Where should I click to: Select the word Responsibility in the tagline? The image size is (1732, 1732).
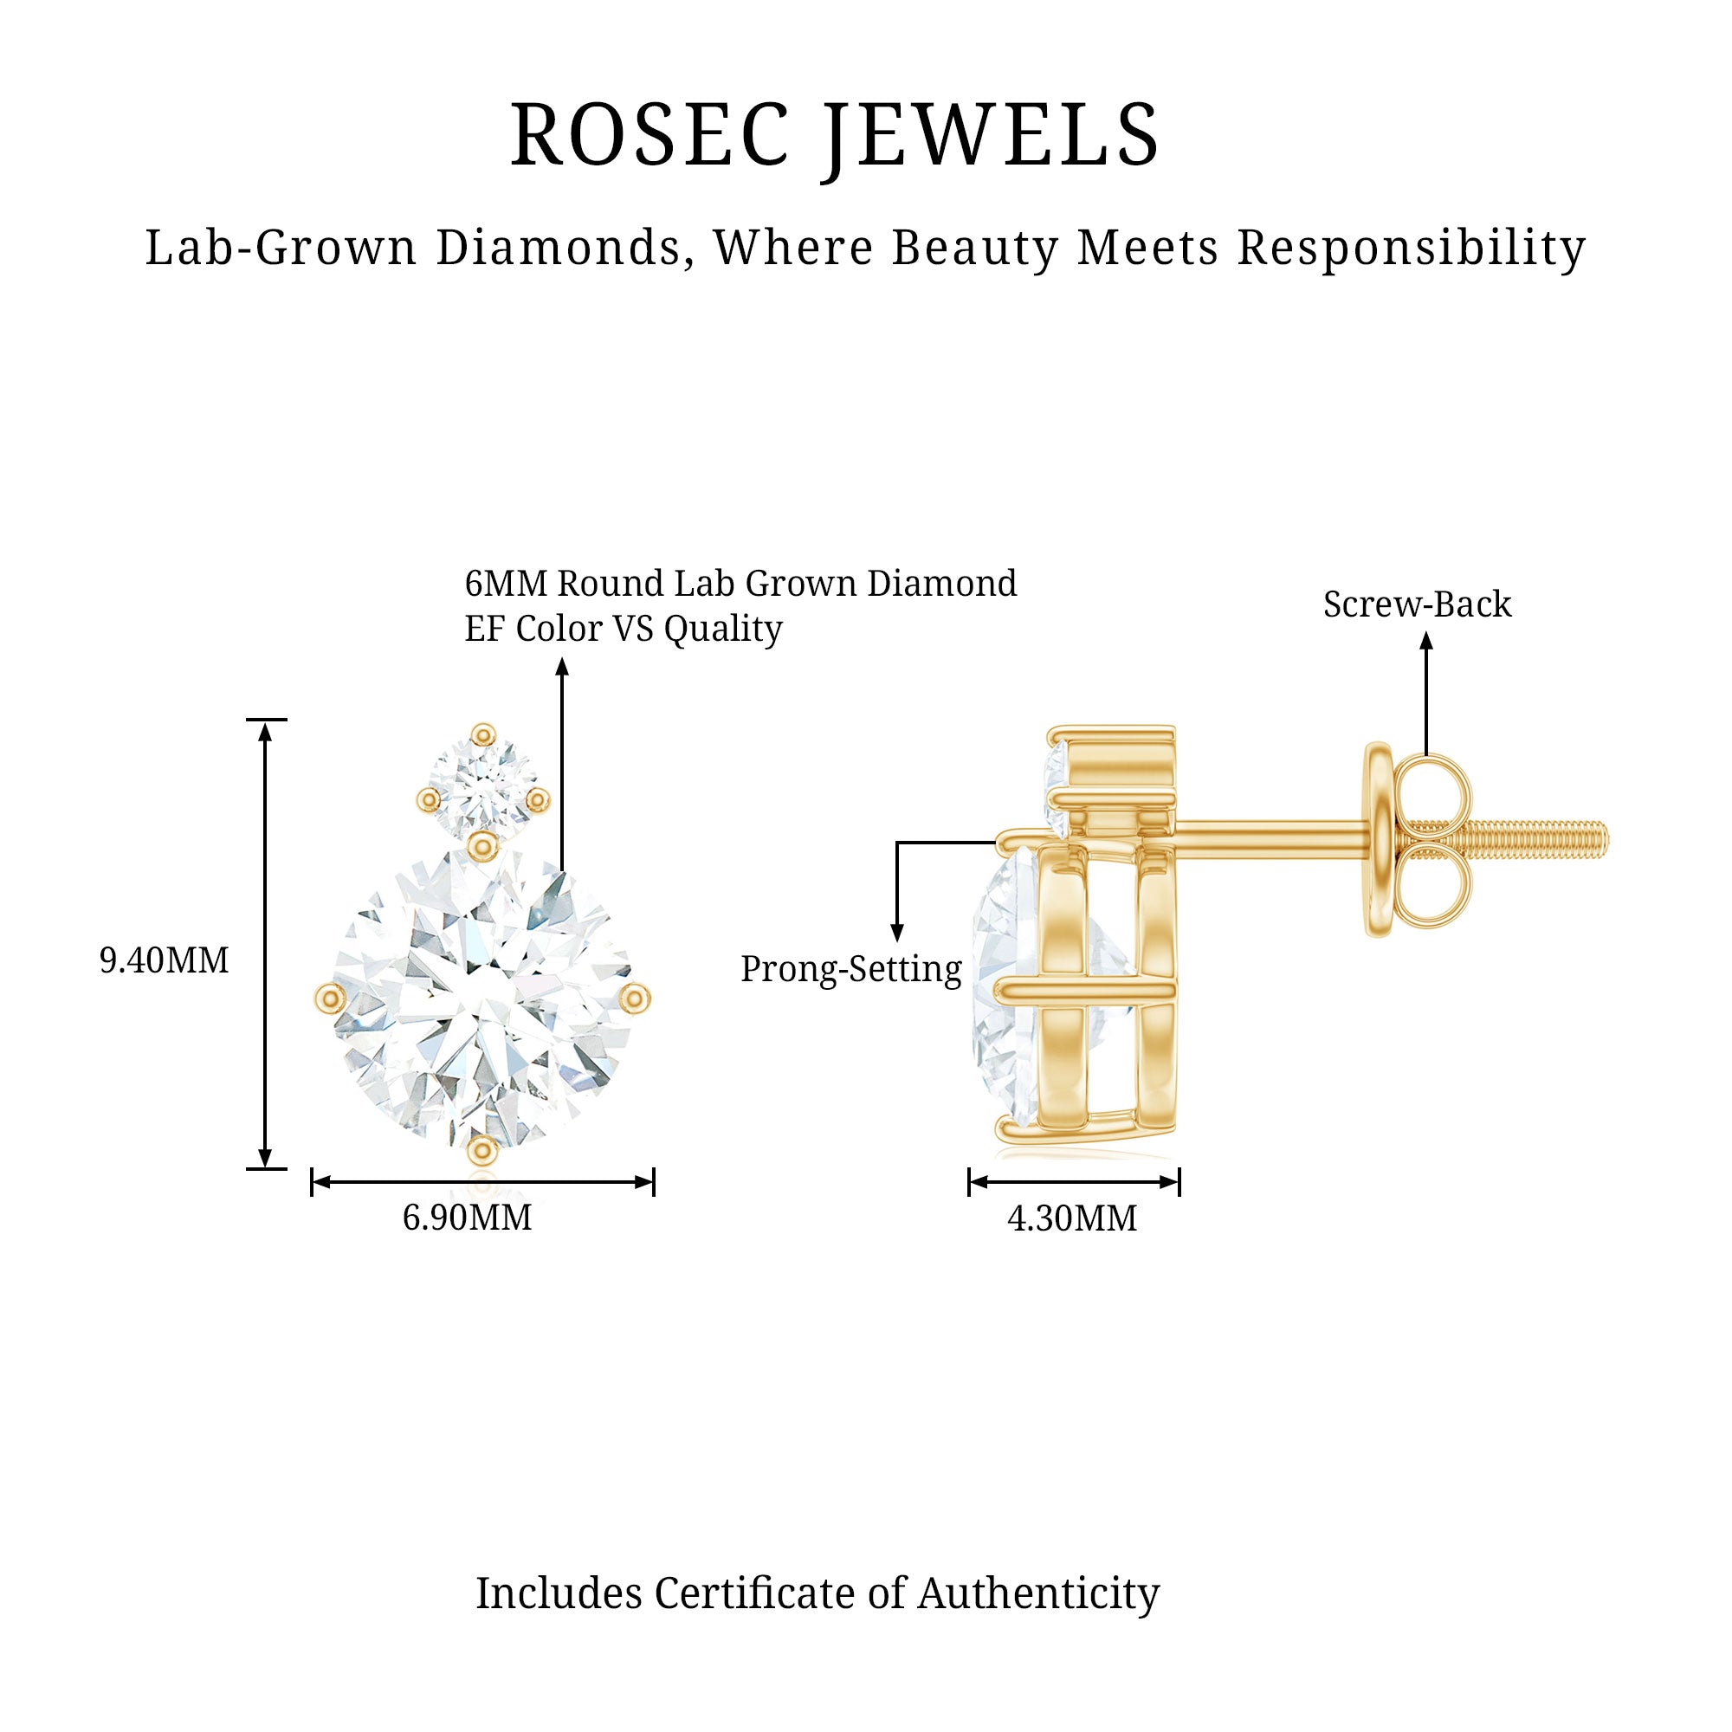[x=1411, y=248]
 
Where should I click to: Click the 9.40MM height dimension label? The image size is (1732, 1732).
[x=164, y=961]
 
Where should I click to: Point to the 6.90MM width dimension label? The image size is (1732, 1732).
[x=467, y=1218]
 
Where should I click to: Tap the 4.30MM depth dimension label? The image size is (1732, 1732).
[x=1072, y=1218]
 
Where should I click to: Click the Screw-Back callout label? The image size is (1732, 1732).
[x=1418, y=604]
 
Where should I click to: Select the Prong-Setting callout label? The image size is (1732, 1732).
[x=850, y=969]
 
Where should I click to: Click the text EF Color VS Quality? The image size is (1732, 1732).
[x=623, y=629]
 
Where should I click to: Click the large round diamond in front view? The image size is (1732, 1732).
[x=484, y=999]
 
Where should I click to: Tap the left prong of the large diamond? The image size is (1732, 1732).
[x=330, y=997]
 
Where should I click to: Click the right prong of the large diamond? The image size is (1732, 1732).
[x=636, y=997]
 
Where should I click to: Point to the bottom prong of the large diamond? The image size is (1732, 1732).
[x=483, y=1148]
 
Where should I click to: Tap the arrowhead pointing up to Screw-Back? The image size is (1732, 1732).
[x=1426, y=640]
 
